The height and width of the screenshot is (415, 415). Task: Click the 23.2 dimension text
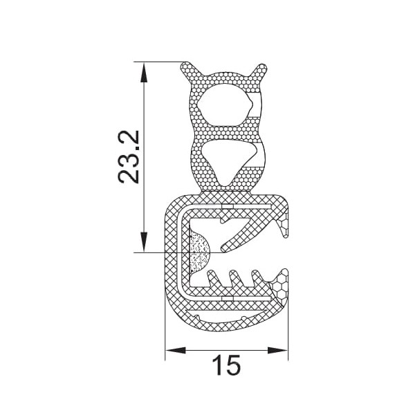(x=129, y=157)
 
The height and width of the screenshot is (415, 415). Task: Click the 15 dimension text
(x=227, y=365)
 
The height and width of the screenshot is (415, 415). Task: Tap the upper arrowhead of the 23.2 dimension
(x=144, y=72)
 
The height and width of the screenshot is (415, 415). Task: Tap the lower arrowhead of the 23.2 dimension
(x=144, y=241)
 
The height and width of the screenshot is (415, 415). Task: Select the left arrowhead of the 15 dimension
(x=175, y=350)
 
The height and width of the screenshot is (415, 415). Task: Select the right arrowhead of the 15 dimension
(x=277, y=350)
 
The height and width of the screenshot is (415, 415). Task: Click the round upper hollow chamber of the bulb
(x=224, y=105)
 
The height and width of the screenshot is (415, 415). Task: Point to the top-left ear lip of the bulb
(x=190, y=71)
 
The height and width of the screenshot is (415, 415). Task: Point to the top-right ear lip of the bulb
(x=258, y=71)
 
